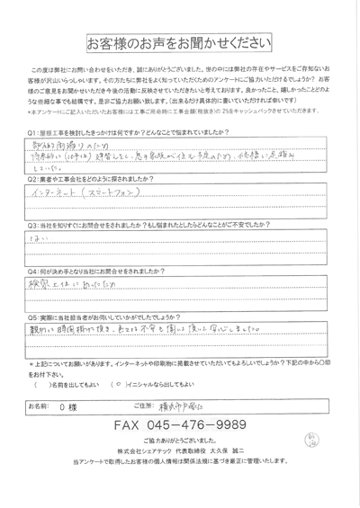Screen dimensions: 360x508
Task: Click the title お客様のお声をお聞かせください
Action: click(x=180, y=44)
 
